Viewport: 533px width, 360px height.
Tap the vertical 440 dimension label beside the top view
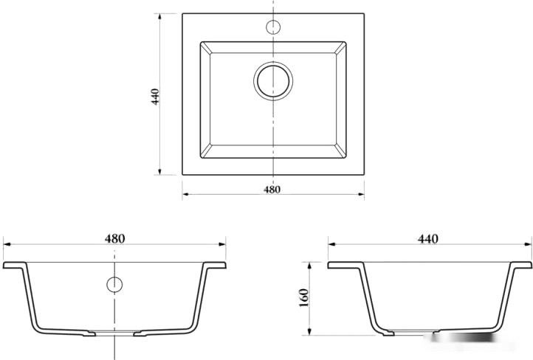tap(155, 97)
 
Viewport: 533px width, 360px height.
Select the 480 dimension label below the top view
tap(272, 190)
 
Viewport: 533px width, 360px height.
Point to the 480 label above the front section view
tap(115, 239)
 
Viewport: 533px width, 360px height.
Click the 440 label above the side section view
tap(428, 239)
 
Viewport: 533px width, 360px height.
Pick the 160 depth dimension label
tap(304, 298)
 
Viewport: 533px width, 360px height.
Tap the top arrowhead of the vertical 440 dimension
tap(159, 17)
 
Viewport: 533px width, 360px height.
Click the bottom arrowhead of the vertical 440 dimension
tap(159, 171)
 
